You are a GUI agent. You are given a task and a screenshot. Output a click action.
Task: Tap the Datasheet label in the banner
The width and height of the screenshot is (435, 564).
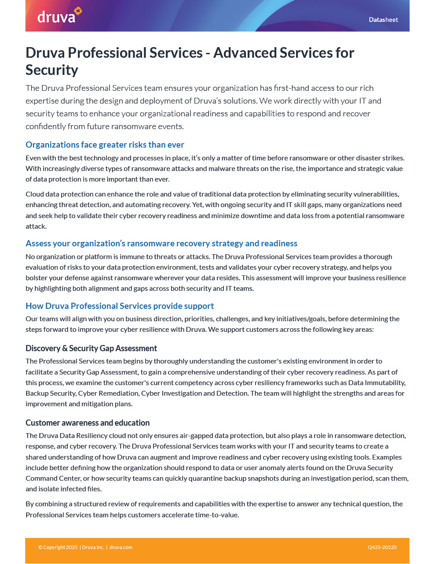tap(383, 20)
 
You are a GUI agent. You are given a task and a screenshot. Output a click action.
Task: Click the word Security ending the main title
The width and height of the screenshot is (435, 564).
tap(52, 70)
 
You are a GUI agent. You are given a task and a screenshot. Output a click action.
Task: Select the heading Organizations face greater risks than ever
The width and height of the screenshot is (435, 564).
tap(105, 145)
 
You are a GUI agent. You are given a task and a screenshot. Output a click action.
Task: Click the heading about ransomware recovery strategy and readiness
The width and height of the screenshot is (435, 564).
tap(161, 244)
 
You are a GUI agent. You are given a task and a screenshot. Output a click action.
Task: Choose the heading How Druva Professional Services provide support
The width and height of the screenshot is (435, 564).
tap(120, 306)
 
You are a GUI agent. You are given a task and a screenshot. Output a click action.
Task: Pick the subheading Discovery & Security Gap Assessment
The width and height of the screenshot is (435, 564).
tap(91, 349)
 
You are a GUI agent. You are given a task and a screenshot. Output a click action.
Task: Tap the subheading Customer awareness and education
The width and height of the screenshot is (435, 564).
tap(88, 423)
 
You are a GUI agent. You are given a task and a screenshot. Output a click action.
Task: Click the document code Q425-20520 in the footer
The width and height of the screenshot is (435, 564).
tap(382, 548)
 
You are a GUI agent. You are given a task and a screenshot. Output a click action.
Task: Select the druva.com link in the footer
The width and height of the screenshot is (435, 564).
tap(121, 548)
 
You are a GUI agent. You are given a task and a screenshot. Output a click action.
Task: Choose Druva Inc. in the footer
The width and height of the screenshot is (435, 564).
tap(93, 548)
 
